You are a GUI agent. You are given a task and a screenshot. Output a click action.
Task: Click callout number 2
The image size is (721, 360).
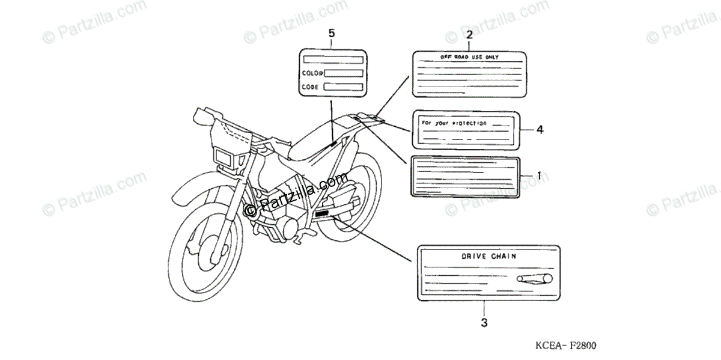[x=469, y=34]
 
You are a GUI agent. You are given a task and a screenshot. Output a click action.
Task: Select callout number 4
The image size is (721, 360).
[x=540, y=129]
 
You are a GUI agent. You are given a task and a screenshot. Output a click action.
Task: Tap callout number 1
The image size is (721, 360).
[x=539, y=175]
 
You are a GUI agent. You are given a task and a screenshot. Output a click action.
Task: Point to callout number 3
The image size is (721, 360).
[x=484, y=323]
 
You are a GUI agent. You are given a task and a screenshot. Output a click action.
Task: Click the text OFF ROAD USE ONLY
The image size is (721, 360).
[x=469, y=57]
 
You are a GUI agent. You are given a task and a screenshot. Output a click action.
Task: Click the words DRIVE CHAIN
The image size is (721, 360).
[x=488, y=256]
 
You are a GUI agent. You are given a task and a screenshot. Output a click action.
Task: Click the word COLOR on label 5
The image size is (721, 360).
[x=312, y=73]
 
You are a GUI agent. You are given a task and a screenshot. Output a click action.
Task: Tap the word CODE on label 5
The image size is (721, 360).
[x=311, y=87]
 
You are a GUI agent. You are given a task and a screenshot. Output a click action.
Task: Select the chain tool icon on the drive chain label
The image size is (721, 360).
[x=532, y=278]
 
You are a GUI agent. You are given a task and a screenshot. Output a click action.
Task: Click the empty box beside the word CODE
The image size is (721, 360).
[x=343, y=87]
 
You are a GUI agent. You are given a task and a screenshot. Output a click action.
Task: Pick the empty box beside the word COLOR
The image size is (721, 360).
[x=344, y=73]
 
